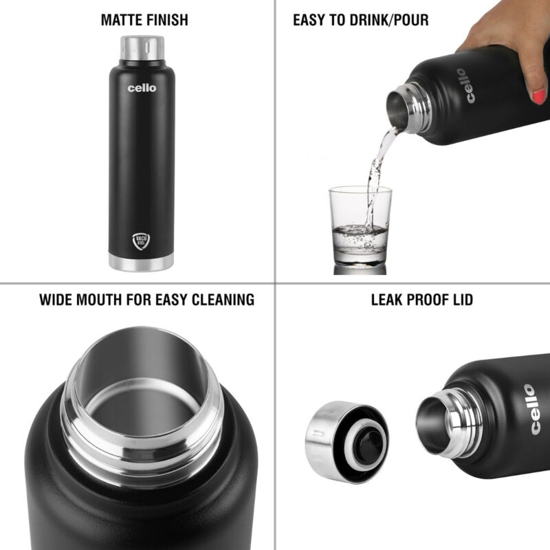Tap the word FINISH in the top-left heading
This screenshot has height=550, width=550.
tap(165, 20)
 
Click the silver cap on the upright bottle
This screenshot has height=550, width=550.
tap(142, 47)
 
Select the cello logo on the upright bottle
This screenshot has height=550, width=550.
tap(142, 88)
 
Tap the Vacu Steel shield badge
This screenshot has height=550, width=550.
tap(142, 241)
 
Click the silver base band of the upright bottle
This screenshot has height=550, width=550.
tap(142, 262)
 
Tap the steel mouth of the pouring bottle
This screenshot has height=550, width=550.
tap(401, 107)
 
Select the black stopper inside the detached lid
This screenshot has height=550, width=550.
tap(369, 440)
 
